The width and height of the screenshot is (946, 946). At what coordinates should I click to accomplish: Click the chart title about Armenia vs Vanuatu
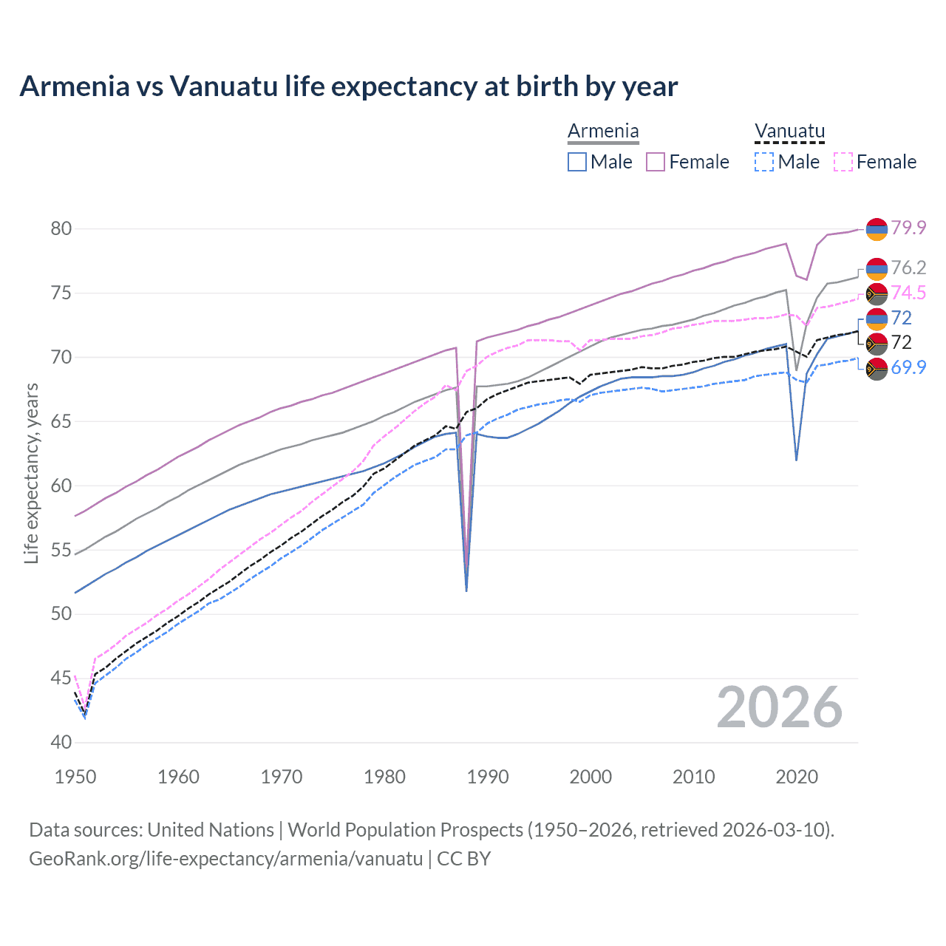(348, 86)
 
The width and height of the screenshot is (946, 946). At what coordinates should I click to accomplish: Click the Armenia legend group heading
(603, 132)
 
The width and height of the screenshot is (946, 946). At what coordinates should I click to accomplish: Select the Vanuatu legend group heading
(789, 132)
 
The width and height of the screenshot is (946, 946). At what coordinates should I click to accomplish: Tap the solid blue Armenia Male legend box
(577, 162)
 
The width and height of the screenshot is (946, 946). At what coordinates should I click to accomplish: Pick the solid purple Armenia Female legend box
(656, 162)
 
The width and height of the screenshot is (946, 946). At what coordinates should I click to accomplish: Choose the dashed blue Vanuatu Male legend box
(764, 162)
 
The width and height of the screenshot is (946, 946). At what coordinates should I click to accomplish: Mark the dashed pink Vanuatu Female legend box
(843, 162)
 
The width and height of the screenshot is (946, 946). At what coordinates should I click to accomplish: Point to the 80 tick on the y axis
(61, 228)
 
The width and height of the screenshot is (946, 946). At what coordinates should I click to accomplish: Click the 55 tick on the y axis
(61, 550)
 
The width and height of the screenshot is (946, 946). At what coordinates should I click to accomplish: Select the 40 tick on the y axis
(61, 742)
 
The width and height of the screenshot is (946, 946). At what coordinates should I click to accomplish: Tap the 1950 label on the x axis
(75, 777)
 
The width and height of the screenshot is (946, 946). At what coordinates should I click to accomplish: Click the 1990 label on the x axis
(488, 777)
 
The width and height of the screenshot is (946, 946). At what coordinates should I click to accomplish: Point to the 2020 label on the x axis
(797, 777)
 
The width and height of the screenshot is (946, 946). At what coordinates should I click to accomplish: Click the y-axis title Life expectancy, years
(31, 473)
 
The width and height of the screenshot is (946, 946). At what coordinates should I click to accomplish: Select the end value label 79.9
(908, 228)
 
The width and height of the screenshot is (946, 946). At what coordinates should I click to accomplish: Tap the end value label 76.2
(908, 268)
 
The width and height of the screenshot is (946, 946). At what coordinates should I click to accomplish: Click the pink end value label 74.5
(908, 293)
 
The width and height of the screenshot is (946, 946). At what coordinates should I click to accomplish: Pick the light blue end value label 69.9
(908, 367)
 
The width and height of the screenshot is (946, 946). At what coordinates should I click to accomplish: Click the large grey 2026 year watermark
(780, 707)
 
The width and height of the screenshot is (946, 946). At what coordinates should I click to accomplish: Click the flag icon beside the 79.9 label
(877, 229)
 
